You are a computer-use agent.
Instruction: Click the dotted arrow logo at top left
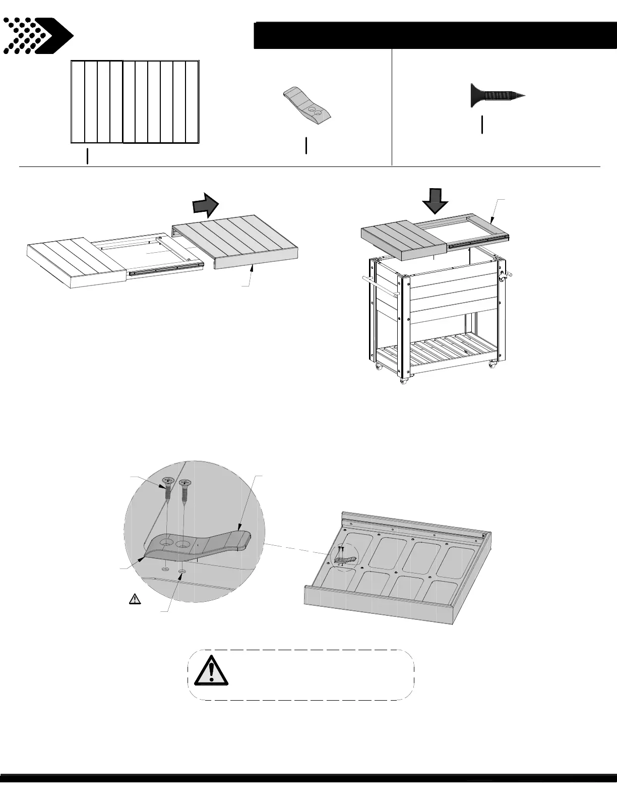[x=38, y=36]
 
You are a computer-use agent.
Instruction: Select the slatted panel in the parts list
[x=135, y=102]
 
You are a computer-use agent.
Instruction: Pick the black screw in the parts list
[x=497, y=95]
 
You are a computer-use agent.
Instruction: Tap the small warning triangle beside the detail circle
[x=135, y=599]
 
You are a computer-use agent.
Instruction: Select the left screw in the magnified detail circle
[x=167, y=489]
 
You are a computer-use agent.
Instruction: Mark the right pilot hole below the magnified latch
[x=182, y=571]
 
